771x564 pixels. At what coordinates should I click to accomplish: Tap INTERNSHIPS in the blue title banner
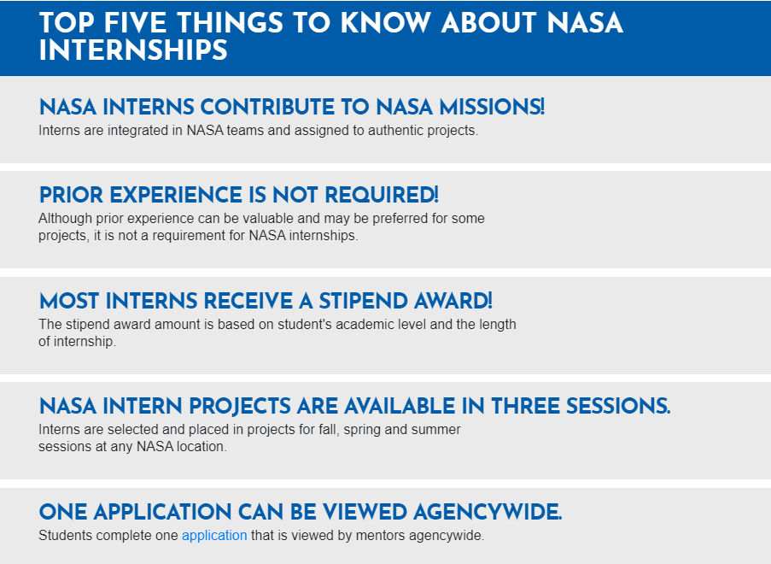pos(133,50)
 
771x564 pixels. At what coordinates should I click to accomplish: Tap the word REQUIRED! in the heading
pos(382,195)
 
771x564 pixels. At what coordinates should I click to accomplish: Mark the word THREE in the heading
pos(526,406)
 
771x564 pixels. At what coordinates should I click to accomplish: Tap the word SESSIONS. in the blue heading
pos(618,406)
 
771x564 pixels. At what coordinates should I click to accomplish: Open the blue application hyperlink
pos(214,536)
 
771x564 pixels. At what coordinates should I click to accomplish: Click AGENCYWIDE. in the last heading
pos(488,512)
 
